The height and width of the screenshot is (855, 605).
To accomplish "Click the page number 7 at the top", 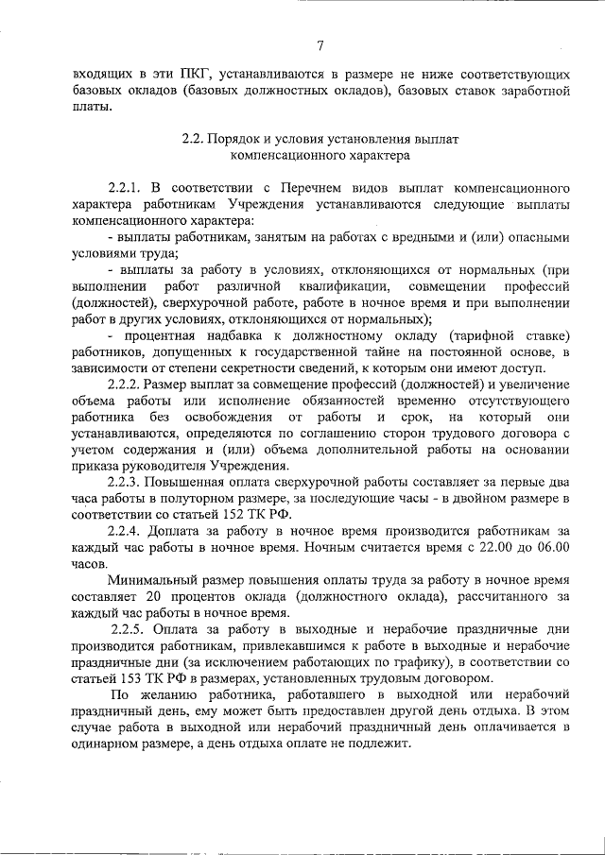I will tap(320, 45).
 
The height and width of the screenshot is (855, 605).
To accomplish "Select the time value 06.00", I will tap(549, 547).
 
